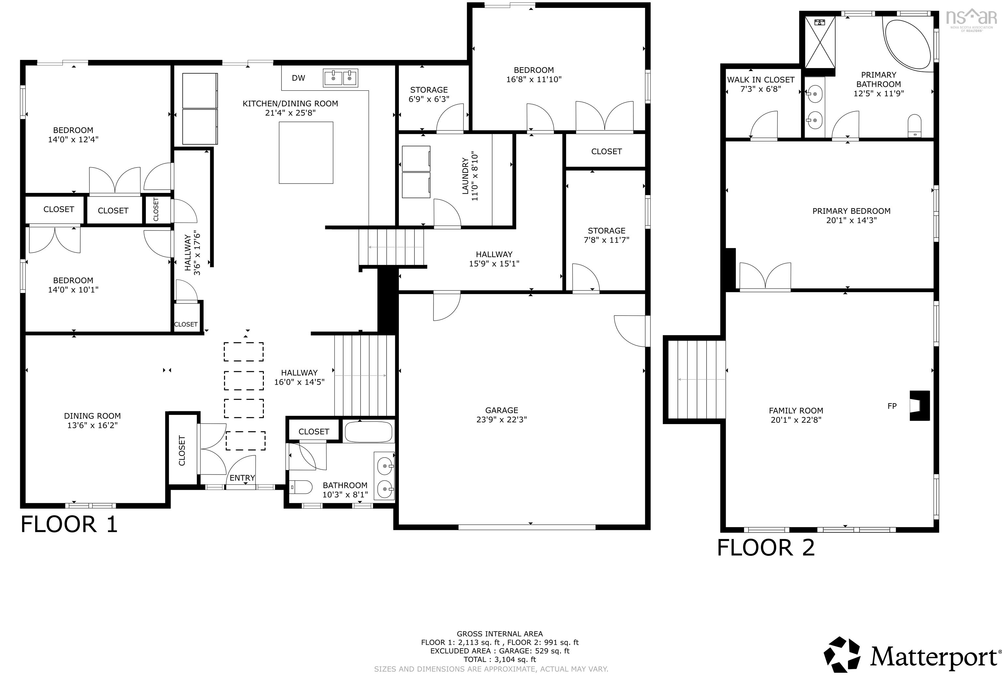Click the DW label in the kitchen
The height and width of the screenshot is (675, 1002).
point(298,78)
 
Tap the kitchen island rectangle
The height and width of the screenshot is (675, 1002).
point(306,153)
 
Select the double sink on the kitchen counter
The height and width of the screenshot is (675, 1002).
point(340,78)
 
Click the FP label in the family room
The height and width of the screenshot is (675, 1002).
point(892,406)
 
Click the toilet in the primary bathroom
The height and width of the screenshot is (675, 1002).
point(914,125)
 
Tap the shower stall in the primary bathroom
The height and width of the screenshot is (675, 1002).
point(820,42)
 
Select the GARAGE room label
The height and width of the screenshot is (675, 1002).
point(501,410)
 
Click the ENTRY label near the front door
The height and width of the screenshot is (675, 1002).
point(242,478)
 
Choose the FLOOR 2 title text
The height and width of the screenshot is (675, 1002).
point(766,548)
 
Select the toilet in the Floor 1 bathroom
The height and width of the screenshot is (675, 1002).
point(300,488)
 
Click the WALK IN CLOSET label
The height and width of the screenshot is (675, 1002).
point(761,80)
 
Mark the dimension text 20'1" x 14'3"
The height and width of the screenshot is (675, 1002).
point(851,220)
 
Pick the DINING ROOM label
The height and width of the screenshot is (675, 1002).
point(92,416)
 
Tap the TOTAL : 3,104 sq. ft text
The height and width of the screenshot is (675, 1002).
point(500,659)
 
